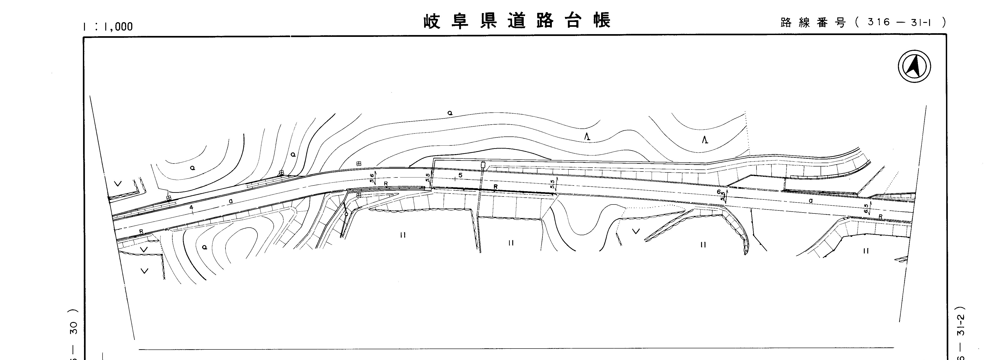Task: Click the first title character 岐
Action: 432,21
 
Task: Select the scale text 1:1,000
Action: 108,26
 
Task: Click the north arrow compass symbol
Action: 914,66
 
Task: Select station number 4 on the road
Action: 191,207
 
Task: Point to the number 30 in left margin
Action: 74,328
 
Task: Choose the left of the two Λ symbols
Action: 588,136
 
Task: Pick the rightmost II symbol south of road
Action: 866,251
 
